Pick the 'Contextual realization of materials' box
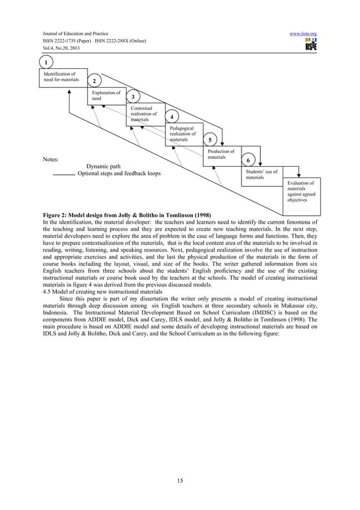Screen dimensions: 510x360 click(145, 113)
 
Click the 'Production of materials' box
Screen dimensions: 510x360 click(222, 154)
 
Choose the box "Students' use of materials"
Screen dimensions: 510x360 click(261, 174)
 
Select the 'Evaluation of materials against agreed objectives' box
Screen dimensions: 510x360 click(302, 191)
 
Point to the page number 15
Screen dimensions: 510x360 click(180, 480)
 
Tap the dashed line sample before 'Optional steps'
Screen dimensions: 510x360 click(63, 175)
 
